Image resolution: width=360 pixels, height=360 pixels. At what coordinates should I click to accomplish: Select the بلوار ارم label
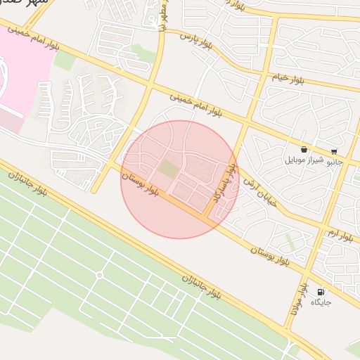coord(340,233)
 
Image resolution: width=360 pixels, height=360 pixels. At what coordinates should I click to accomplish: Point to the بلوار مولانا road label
coord(299,299)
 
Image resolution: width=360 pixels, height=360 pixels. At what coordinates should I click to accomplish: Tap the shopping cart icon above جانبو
coord(333,150)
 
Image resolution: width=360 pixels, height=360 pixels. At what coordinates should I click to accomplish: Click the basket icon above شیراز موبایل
coord(304,149)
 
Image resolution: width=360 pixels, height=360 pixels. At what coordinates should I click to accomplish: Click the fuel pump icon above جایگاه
coord(321,292)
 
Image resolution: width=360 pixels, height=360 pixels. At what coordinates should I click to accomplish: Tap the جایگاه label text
coord(321,302)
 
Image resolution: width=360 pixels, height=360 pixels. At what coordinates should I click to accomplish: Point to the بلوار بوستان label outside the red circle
coord(269,255)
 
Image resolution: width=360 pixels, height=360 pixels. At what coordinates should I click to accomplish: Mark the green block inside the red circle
coord(167,169)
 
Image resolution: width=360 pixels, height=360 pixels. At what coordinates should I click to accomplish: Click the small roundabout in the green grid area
coord(100,275)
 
